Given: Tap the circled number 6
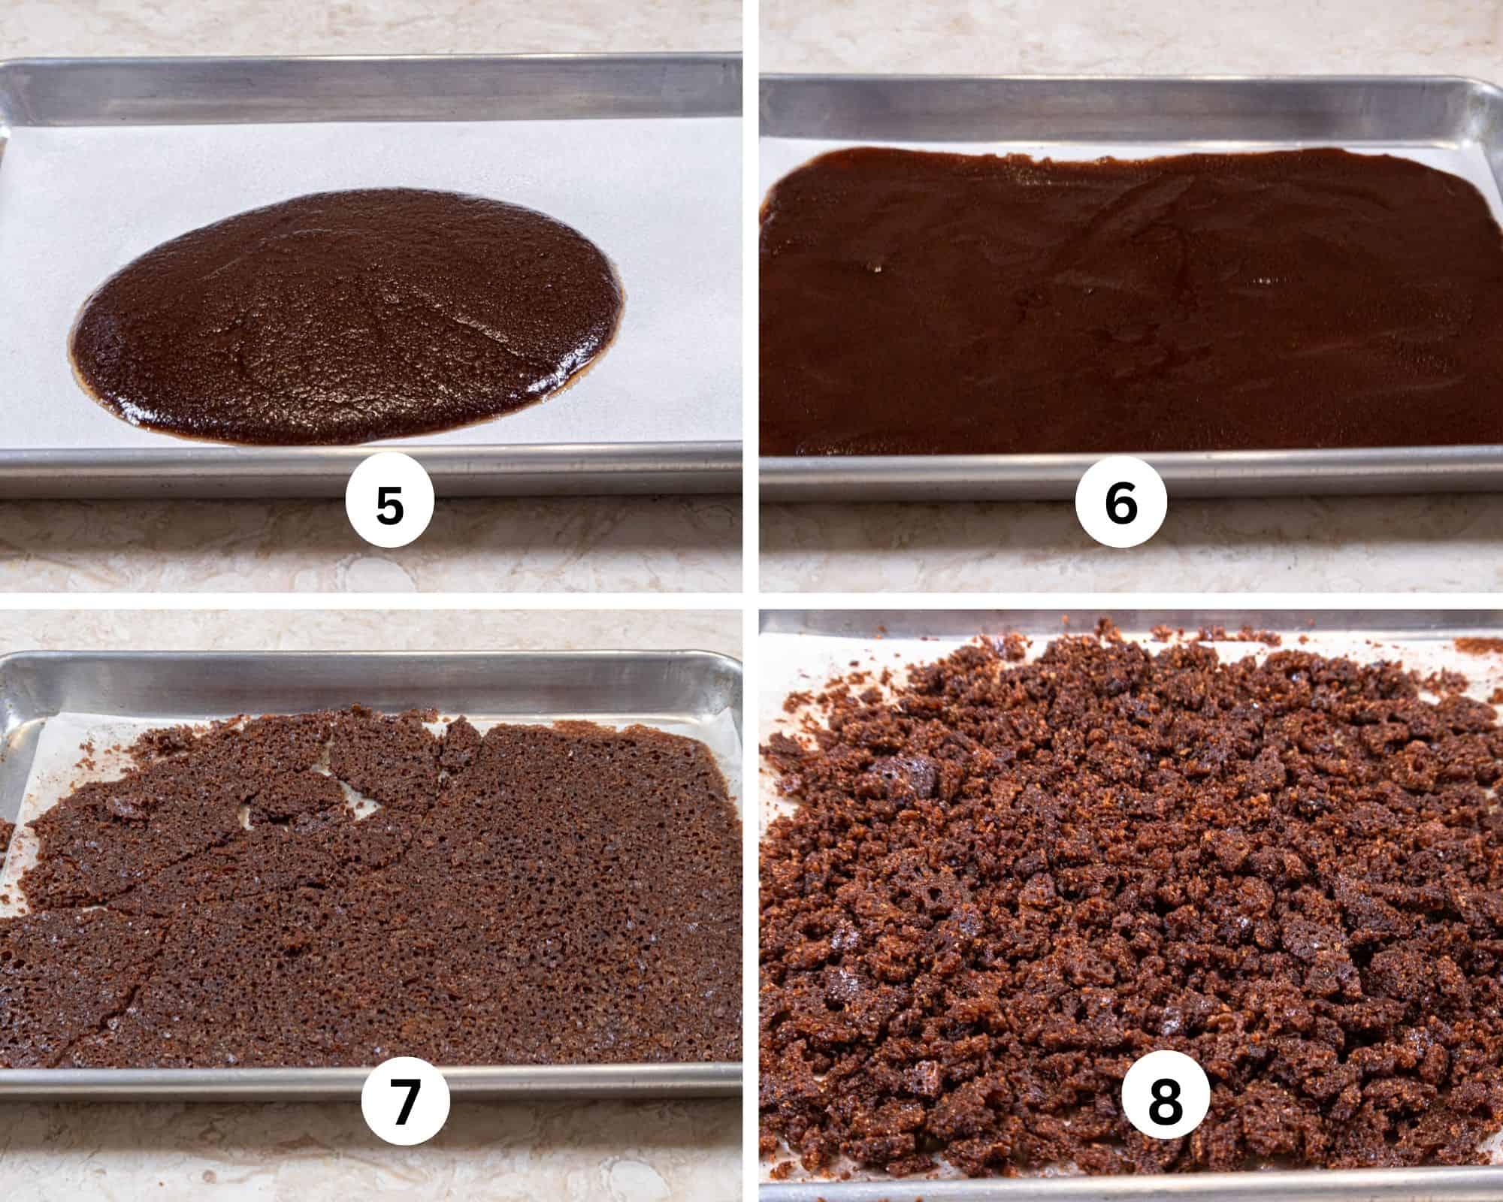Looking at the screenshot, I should point(1120,506).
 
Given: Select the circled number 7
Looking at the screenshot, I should point(405,1101).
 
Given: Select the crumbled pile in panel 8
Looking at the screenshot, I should point(1127,864).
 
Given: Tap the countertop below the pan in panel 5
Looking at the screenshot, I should point(188,548).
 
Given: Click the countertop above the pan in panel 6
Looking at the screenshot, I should point(1127,38).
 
